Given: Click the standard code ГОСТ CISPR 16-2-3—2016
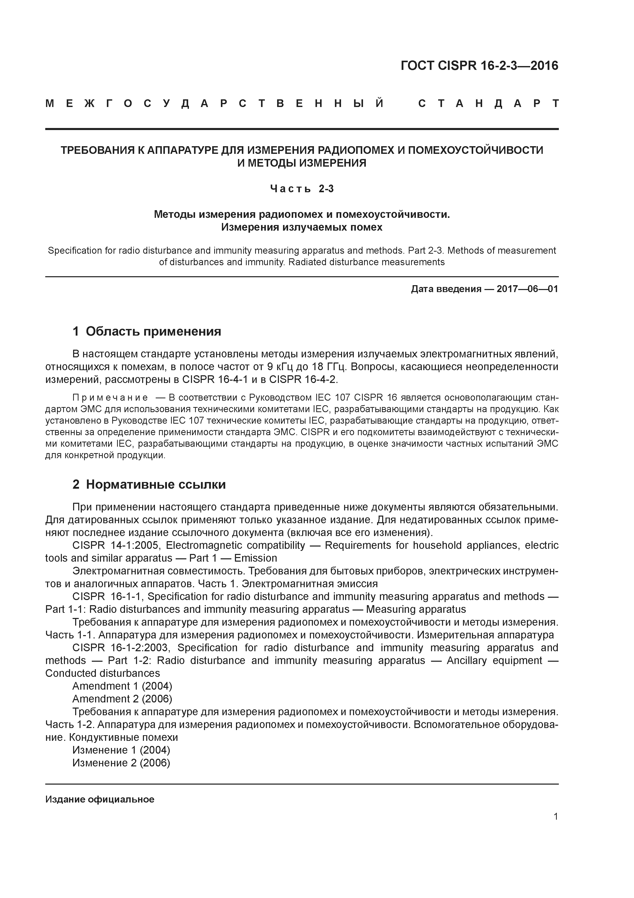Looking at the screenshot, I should [x=479, y=66].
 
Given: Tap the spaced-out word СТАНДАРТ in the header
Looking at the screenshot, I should [x=488, y=104].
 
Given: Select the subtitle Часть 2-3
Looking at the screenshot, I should [x=302, y=189].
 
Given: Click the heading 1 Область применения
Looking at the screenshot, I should [x=147, y=331].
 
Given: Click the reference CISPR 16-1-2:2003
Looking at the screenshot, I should [x=121, y=648].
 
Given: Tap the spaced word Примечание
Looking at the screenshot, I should [x=110, y=398].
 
